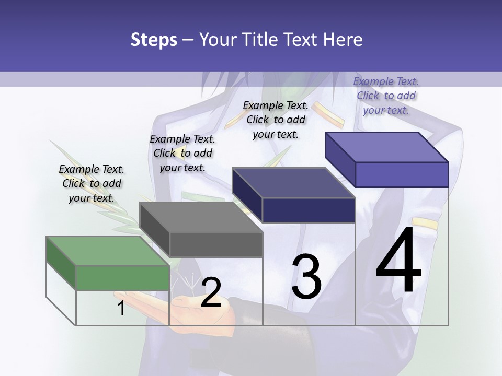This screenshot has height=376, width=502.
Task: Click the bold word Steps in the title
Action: (x=154, y=40)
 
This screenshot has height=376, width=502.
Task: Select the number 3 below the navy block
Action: (x=306, y=277)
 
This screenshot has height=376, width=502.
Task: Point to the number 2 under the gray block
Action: (x=211, y=292)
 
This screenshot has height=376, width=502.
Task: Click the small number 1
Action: (x=121, y=308)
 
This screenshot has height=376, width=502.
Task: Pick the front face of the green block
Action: (x=122, y=277)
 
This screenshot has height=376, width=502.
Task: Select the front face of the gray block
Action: (x=215, y=244)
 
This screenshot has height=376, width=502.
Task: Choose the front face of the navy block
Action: (x=309, y=210)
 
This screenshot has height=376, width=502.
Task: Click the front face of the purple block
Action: (x=402, y=174)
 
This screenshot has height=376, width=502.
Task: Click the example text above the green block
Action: (x=92, y=183)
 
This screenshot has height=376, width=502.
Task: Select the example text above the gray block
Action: (x=182, y=153)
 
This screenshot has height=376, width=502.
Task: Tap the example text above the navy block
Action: (x=276, y=120)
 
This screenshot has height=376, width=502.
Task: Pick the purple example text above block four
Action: (x=386, y=96)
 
